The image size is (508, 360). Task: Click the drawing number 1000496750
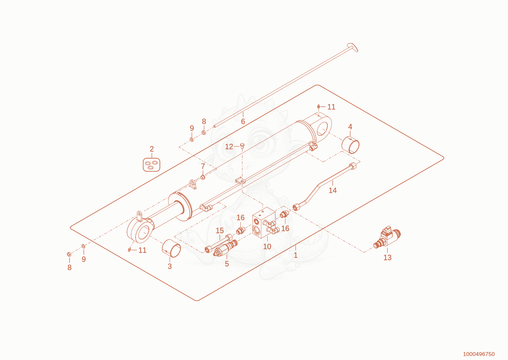[479, 354]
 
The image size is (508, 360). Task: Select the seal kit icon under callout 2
[151, 164]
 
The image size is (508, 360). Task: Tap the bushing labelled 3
[171, 248]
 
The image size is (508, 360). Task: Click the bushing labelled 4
[351, 145]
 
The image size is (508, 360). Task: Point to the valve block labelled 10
[264, 223]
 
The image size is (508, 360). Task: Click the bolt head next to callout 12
[242, 145]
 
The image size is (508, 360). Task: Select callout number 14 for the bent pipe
[332, 190]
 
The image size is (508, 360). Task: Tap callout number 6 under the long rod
[243, 122]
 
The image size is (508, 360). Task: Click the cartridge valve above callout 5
[226, 248]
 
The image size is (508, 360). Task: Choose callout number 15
[219, 230]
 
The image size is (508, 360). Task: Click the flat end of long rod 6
[353, 47]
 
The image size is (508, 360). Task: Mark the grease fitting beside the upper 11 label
[319, 106]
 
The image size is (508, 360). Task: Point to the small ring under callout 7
[203, 177]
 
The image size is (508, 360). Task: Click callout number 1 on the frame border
[296, 255]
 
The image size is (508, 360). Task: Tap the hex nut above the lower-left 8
[69, 254]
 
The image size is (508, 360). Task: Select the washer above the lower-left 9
[83, 246]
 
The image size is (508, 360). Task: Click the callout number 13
[387, 257]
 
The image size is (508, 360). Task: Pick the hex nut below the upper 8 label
[204, 132]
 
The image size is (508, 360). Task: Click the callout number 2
[152, 149]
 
